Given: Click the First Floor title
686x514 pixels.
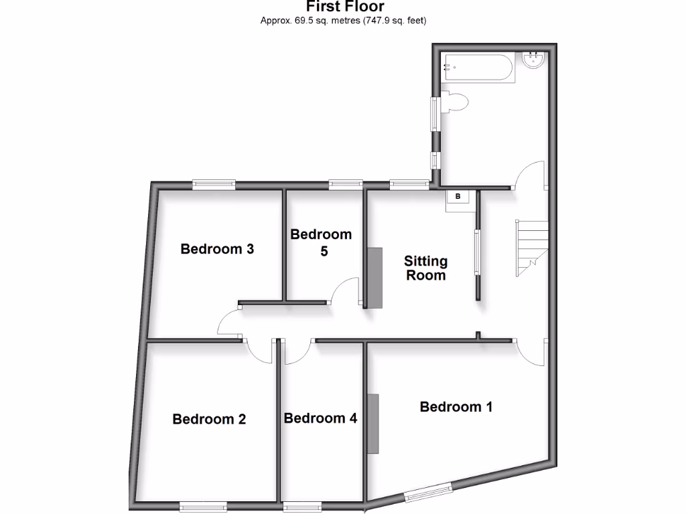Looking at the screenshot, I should coord(345,7).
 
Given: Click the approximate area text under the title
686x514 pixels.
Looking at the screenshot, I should coord(344,21).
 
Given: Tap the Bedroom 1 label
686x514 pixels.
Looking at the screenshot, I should coord(456,406).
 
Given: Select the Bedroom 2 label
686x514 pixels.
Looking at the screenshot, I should coord(209,419).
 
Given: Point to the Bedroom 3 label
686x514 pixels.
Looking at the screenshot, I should coord(217,249).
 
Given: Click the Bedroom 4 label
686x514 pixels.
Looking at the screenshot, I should coord(320,418).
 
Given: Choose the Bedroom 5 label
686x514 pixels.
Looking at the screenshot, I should coord(321,243).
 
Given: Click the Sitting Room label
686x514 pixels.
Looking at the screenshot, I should coord(425,268).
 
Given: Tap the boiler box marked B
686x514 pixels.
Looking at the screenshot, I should coord(458,197).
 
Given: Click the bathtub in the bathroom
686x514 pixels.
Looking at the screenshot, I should coord(478,68).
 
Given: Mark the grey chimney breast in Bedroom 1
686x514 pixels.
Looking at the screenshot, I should coord(372,424).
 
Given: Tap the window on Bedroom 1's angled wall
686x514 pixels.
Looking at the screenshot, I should coord(428,493).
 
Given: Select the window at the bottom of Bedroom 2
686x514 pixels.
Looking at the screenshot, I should coord(202,506).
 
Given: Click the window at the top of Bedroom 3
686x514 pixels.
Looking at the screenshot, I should coord(214,183).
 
